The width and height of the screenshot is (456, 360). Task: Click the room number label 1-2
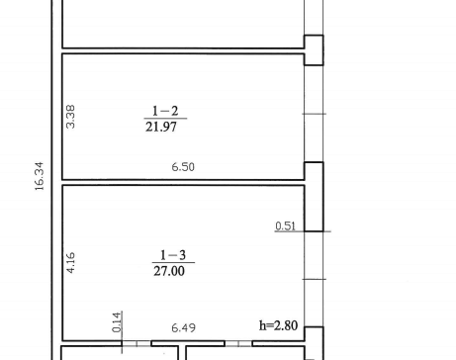[x=165, y=111]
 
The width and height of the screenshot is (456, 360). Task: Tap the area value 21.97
[x=161, y=127]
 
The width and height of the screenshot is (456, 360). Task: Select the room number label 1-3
[x=173, y=255]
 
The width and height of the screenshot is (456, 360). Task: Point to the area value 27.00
[x=169, y=271]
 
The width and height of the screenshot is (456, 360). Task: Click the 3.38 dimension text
[x=70, y=117]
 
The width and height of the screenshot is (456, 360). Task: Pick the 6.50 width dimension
[x=183, y=167]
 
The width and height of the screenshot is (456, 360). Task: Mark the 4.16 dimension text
[x=70, y=263]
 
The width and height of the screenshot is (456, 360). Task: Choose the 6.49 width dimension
[x=184, y=327]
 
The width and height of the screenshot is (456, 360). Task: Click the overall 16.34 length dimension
[x=39, y=176]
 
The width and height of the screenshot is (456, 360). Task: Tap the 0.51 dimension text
[x=285, y=226]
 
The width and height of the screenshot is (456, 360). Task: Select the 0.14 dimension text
[x=117, y=322]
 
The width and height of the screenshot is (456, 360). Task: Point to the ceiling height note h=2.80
[x=279, y=325]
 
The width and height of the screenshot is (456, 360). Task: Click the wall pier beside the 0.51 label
[x=314, y=197]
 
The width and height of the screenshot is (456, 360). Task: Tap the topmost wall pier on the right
[x=314, y=50]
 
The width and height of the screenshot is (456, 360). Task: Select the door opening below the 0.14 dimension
[x=137, y=344]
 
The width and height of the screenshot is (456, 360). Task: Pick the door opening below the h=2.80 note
[x=238, y=344]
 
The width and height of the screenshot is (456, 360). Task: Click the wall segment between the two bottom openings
[x=188, y=344]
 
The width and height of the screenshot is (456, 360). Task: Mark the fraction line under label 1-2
[x=165, y=119]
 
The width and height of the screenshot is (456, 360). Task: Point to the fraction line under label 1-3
[x=173, y=263]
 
